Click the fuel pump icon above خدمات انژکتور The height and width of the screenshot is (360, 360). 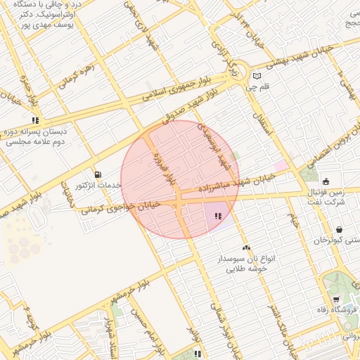pos(97,174)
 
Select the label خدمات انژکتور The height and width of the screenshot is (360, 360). pos(99,185)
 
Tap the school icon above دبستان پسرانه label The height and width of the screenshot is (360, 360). pos(35,120)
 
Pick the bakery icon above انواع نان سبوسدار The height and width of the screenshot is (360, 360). pos(246,247)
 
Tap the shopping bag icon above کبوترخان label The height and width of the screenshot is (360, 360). pos(339,229)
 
